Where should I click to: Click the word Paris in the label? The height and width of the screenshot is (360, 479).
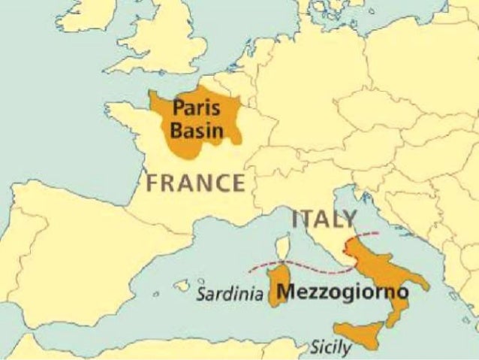click(195, 107)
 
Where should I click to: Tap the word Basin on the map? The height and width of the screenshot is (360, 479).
click(197, 130)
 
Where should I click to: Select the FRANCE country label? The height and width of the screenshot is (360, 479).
click(195, 183)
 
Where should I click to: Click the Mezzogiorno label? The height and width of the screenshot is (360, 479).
click(342, 291)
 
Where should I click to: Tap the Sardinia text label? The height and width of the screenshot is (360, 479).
click(229, 294)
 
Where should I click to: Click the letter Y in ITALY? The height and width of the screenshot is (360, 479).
click(348, 219)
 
